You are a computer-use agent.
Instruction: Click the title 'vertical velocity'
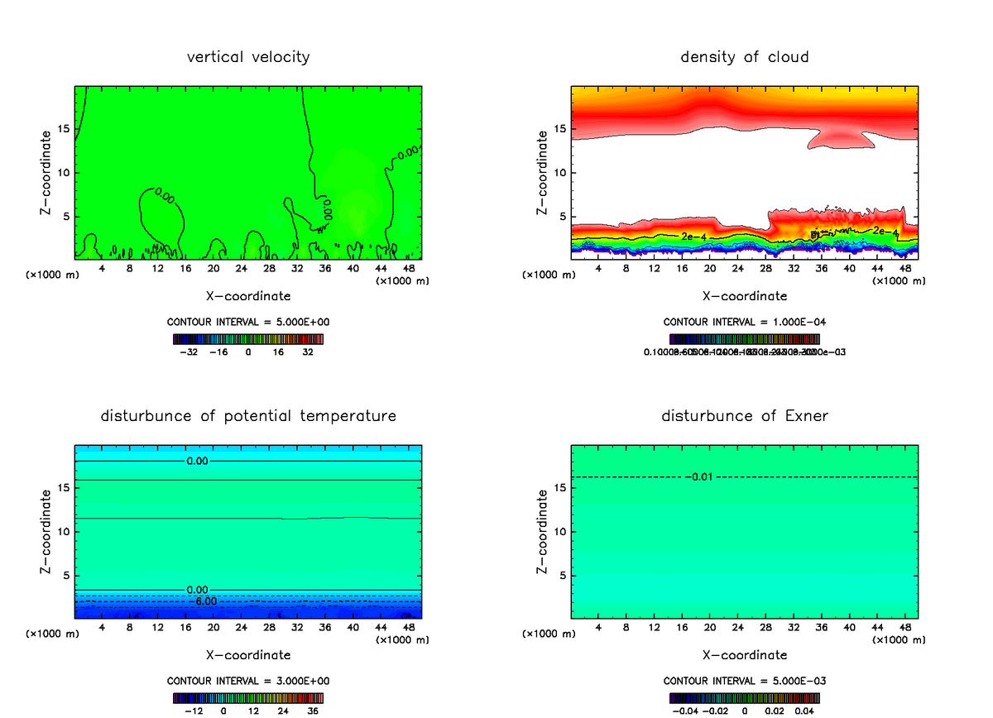tap(248, 57)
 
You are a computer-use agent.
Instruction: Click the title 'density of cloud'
tap(745, 57)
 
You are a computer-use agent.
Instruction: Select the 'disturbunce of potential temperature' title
tap(248, 415)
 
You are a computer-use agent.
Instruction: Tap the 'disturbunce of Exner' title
tap(745, 415)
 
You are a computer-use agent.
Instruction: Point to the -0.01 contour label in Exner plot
tap(700, 476)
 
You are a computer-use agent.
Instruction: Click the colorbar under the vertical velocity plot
tap(248, 339)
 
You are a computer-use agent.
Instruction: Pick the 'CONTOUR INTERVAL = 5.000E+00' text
tap(248, 322)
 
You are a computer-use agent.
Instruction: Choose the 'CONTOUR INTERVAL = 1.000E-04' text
tap(745, 322)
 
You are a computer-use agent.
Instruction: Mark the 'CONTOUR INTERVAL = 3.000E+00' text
tap(248, 681)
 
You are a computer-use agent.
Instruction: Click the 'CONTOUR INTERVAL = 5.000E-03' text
tap(745, 681)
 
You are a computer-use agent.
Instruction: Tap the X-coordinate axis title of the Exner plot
tap(745, 655)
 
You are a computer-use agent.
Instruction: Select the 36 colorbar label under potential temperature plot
tap(314, 711)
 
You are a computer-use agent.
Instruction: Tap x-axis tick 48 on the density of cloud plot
tap(905, 268)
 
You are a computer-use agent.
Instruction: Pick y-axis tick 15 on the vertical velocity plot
tap(65, 128)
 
